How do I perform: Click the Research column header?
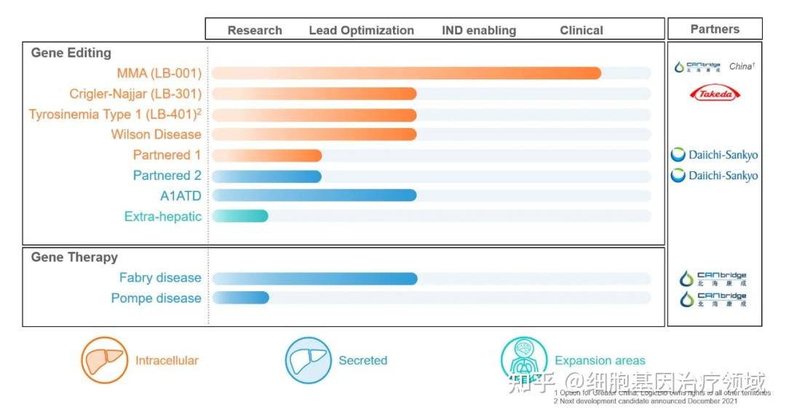pos(255,31)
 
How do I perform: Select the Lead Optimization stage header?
pos(361,31)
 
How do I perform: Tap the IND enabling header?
pos(479,31)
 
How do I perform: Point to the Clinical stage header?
pos(581,31)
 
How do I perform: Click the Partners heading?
pos(715,29)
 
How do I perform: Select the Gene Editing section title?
pos(71,53)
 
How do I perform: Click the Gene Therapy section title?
pos(74,257)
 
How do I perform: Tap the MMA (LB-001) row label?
pos(159,74)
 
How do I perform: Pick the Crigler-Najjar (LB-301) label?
pos(135,94)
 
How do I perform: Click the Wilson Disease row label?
pos(156,135)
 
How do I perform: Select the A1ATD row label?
pos(180,196)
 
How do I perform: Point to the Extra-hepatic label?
pos(162,216)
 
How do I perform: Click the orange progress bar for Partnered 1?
pos(266,155)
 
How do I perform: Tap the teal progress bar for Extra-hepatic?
pos(240,216)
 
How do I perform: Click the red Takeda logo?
pos(715,93)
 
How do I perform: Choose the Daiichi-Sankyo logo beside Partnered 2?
pos(714,175)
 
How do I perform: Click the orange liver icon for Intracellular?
pos(104,360)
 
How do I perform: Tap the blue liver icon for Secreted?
pos(309,360)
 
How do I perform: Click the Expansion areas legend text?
pos(600,360)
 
